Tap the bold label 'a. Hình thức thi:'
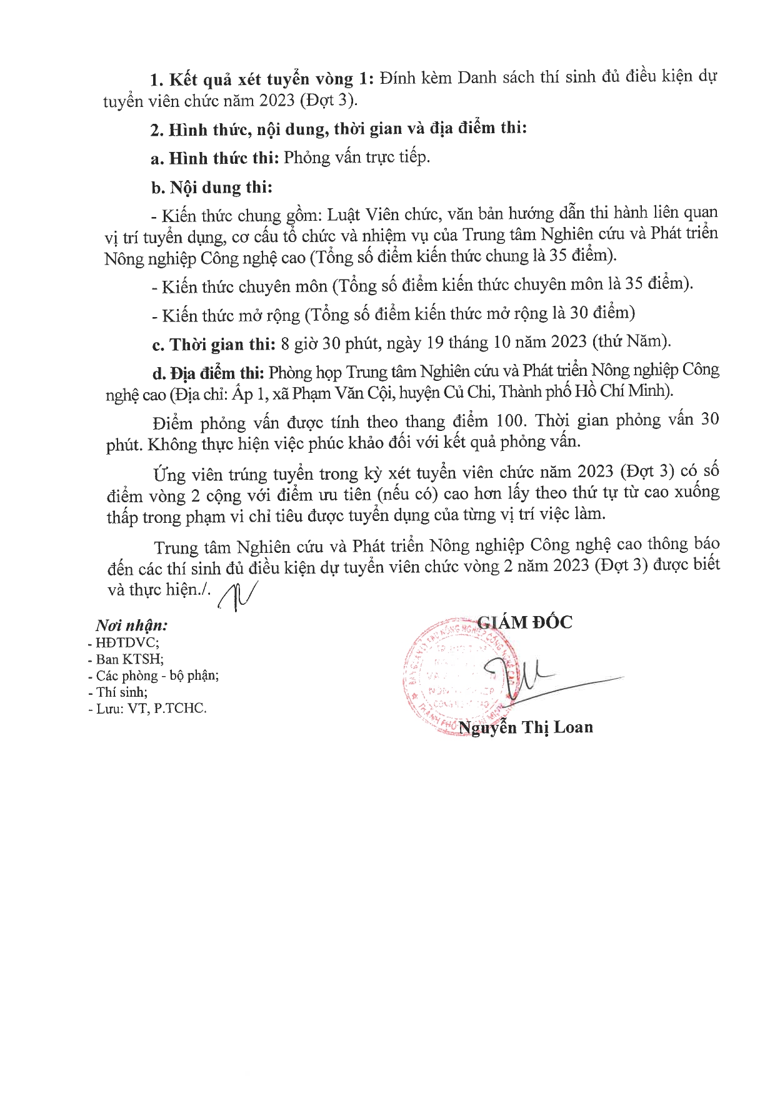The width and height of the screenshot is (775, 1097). (214, 158)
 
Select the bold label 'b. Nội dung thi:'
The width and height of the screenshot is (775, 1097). (211, 188)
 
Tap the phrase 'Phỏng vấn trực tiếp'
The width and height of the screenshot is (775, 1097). (356, 157)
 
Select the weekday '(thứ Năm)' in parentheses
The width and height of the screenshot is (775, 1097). (631, 341)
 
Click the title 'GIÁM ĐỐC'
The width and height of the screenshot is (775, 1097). (524, 622)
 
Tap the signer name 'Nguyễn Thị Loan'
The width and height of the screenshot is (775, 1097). (526, 727)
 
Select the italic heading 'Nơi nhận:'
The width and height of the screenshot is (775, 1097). (131, 625)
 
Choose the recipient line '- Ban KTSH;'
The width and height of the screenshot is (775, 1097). (126, 659)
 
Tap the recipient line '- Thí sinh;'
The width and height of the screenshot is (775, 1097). (118, 692)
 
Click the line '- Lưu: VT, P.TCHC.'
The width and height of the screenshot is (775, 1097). (147, 709)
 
